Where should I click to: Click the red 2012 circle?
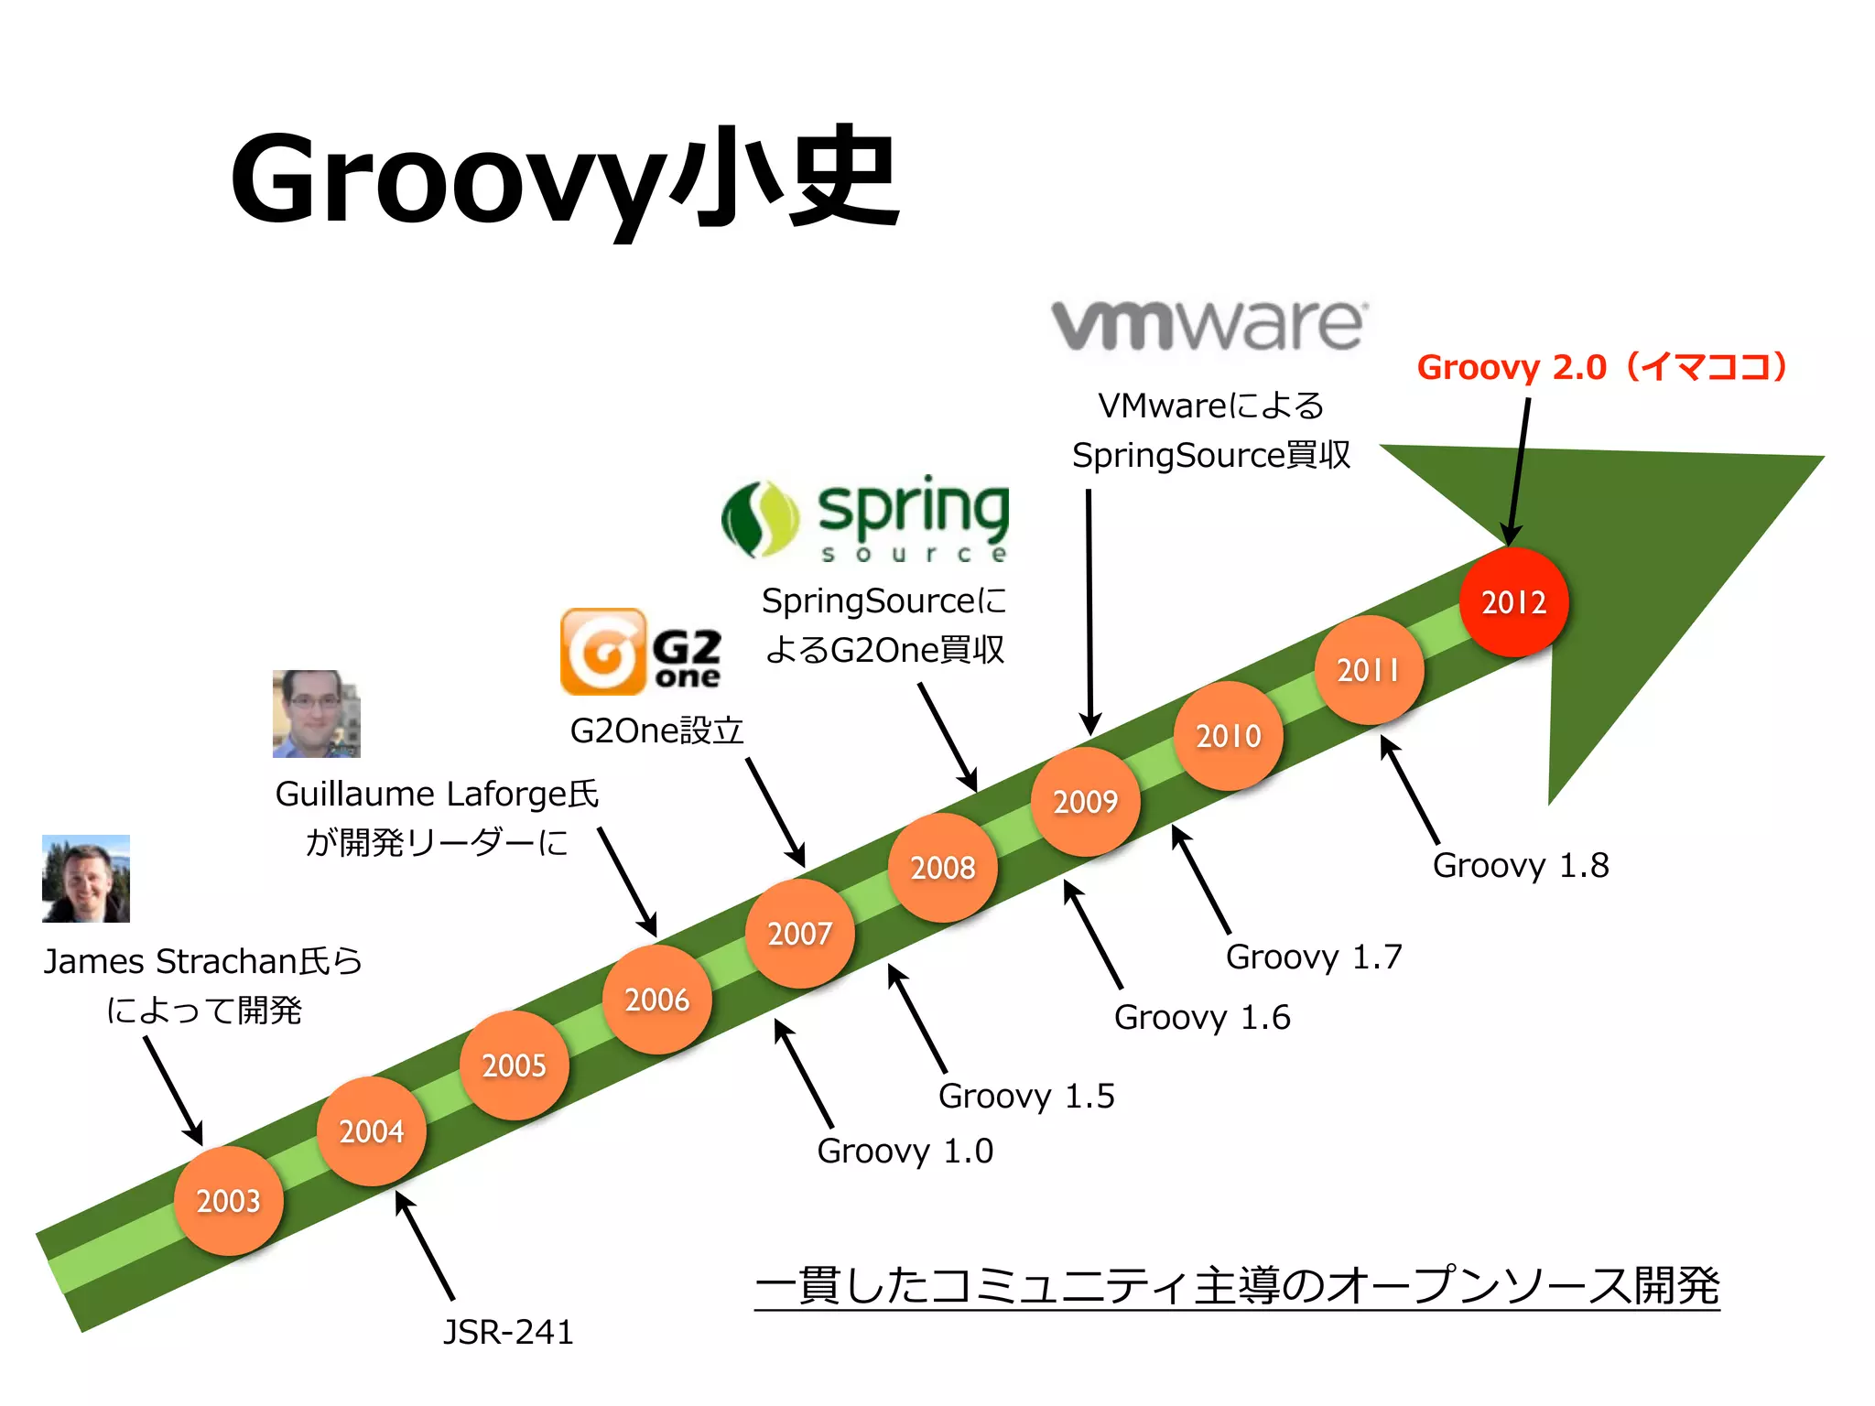point(1513,602)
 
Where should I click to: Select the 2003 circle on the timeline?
point(228,1200)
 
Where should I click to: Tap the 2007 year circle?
point(799,934)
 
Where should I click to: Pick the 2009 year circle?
point(1085,802)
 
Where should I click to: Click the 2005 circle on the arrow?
point(514,1065)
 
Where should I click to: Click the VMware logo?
point(1208,325)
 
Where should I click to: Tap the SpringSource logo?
point(866,518)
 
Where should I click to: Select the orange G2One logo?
point(641,652)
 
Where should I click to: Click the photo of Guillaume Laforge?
point(316,714)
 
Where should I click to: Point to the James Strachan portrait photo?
point(86,878)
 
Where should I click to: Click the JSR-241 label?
point(508,1332)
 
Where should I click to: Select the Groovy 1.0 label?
point(905,1151)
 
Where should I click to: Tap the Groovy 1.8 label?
point(1520,865)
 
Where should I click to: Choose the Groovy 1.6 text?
point(1201,1017)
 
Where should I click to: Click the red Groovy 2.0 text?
point(1602,367)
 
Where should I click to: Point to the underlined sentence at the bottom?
point(1236,1285)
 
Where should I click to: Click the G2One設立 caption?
point(656,730)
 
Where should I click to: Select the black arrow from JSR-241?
point(425,1245)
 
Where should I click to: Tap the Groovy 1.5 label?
point(1025,1096)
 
